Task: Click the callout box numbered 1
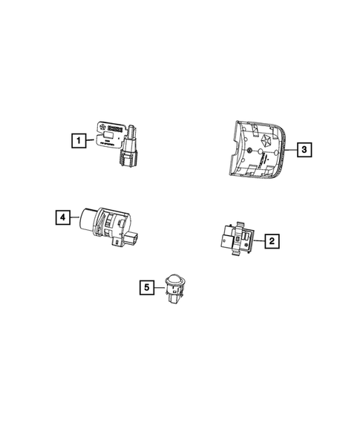pyautogui.click(x=76, y=139)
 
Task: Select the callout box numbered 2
pyautogui.click(x=272, y=240)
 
